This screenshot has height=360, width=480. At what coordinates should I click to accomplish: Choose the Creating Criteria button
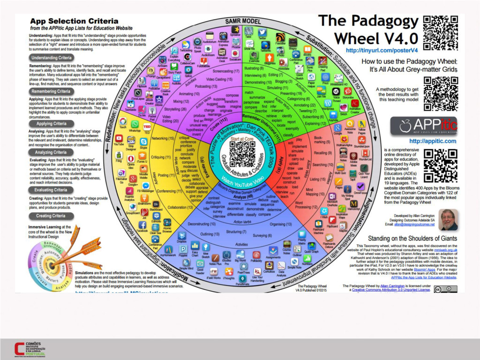[51, 216]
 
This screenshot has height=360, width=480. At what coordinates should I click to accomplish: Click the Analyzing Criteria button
[51, 152]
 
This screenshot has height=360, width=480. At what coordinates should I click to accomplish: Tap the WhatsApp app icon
[135, 125]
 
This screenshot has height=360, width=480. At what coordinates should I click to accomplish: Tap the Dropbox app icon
[182, 237]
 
